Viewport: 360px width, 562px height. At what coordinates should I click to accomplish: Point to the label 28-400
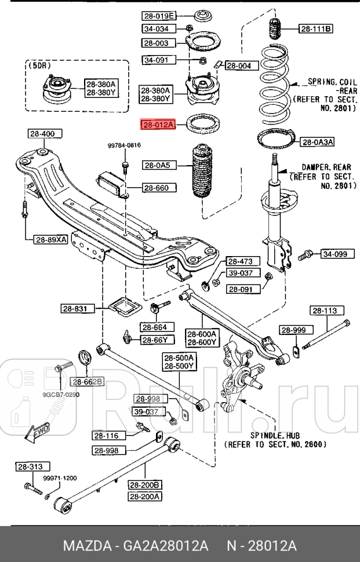[x=42, y=134]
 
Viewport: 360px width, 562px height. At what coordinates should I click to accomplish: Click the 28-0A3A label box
[x=318, y=141]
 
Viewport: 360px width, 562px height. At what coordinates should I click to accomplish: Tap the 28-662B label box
[x=88, y=381]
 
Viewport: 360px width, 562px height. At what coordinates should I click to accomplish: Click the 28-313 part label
[x=32, y=466]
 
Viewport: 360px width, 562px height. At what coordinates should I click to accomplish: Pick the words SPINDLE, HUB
[x=274, y=435]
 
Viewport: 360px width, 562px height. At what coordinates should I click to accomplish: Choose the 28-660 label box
[x=155, y=188]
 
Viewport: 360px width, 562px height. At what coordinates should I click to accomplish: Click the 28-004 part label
[x=238, y=65]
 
